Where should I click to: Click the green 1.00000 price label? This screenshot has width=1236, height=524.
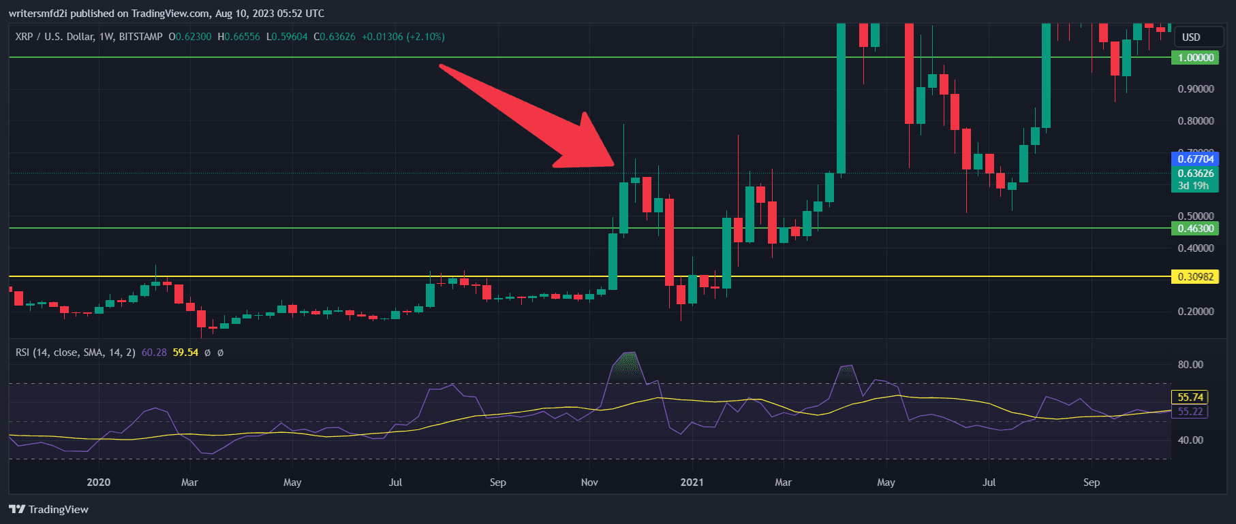[1195, 58]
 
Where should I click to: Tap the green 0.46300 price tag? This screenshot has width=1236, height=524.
[1195, 229]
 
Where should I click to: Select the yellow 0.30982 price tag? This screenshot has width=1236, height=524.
[1195, 277]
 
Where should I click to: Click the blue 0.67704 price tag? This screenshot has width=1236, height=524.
[1195, 159]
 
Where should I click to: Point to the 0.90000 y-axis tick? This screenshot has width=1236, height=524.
[1195, 89]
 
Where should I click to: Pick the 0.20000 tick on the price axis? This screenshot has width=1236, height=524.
[1195, 312]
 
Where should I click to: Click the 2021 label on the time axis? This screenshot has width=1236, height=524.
[692, 482]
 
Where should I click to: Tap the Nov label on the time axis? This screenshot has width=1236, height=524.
[589, 482]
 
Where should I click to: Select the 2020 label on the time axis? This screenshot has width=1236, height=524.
[99, 482]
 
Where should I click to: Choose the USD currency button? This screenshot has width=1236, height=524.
[1191, 37]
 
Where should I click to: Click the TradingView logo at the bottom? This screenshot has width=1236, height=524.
[49, 510]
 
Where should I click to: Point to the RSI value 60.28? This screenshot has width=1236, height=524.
[154, 353]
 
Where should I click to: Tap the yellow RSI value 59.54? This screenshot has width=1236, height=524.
[185, 353]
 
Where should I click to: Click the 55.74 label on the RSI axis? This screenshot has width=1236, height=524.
[1190, 397]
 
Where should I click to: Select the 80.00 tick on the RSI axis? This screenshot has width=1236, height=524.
[1190, 365]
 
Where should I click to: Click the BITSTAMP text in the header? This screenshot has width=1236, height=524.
[140, 37]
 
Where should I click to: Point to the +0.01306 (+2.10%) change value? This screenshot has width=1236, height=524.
[403, 37]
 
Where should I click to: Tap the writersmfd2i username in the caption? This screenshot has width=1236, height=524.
[38, 14]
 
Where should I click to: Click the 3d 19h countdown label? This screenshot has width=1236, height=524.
[1193, 186]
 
